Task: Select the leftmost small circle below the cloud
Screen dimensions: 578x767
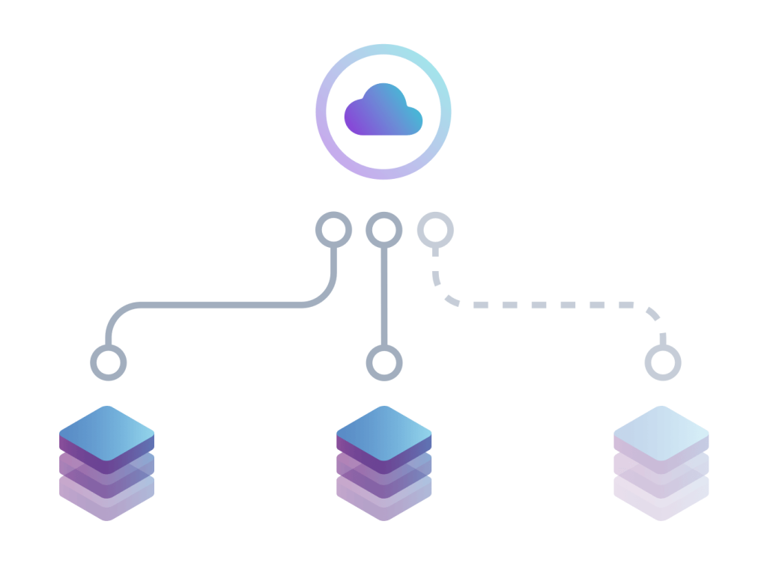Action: (333, 230)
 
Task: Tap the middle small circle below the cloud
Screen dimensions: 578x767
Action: (383, 230)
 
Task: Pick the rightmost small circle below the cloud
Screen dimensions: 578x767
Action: (434, 230)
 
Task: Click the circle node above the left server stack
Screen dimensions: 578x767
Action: (109, 363)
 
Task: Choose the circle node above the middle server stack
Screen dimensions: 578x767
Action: (383, 363)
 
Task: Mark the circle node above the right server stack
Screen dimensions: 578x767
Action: (662, 363)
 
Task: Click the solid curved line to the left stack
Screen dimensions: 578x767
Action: (225, 305)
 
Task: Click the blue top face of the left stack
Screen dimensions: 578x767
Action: (106, 433)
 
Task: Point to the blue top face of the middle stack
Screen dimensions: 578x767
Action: (383, 433)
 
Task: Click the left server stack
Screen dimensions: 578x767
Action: (106, 464)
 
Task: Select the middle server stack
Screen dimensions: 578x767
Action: (383, 464)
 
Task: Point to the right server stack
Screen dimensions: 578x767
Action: (661, 464)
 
